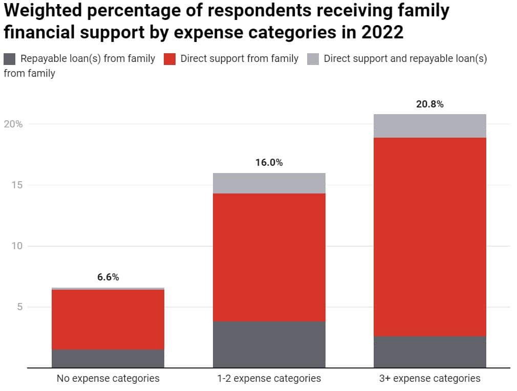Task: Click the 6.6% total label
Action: coord(108,277)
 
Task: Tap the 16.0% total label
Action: coord(269,163)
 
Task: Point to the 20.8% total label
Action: coord(430,104)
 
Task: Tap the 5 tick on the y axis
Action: coord(19,307)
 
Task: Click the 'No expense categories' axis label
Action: coord(108,379)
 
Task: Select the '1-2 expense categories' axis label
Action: coord(269,379)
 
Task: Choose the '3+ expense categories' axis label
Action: coord(430,379)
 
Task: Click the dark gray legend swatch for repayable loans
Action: coord(10,59)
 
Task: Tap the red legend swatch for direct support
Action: coord(170,59)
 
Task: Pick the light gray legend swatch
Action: coord(313,59)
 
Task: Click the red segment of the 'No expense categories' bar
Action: coord(108,319)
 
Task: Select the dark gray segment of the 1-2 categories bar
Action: coord(269,344)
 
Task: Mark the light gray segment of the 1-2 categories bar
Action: coord(269,183)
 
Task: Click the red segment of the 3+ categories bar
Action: coord(430,236)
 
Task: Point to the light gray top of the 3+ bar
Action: coord(430,126)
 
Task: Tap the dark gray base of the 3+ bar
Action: coord(430,352)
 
